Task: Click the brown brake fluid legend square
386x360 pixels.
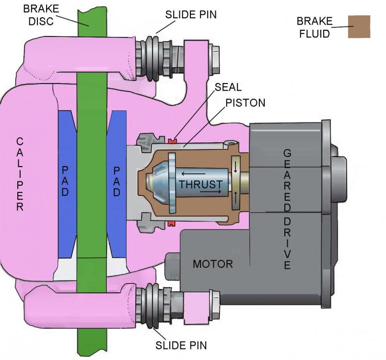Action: coord(359,26)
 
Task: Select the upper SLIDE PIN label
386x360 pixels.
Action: coord(191,14)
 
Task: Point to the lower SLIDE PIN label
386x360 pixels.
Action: coord(181,345)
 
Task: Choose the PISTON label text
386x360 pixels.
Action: coord(245,103)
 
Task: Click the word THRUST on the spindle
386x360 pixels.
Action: coord(200,184)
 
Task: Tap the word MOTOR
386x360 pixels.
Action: coord(212,264)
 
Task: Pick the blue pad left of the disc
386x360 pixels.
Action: coord(66,182)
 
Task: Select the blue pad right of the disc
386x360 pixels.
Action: coord(117,182)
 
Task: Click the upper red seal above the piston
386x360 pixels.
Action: coord(173,140)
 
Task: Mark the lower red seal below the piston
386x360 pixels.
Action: coord(173,224)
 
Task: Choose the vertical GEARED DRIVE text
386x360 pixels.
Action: coord(287,209)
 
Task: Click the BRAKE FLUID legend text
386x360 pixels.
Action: coord(314,27)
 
